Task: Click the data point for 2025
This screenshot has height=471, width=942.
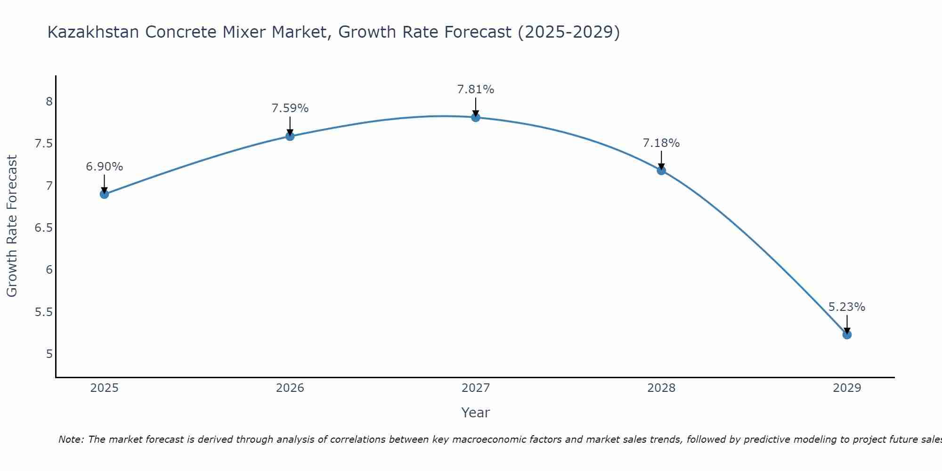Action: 105,194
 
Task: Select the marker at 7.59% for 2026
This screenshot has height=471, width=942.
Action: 290,136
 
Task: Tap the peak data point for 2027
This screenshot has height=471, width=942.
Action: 476,117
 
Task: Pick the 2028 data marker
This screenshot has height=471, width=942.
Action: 661,171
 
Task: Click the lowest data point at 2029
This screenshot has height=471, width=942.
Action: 847,334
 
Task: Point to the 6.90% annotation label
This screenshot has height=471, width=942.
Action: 105,167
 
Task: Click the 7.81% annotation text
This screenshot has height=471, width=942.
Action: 476,89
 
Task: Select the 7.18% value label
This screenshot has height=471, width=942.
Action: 661,143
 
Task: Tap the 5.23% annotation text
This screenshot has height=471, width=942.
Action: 847,307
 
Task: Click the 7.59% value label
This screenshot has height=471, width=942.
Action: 290,108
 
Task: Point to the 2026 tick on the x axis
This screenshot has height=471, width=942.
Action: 290,388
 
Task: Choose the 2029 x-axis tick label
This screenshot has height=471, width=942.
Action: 847,388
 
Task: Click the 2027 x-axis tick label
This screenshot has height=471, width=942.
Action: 476,388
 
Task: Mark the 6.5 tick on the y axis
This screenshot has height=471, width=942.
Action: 43,228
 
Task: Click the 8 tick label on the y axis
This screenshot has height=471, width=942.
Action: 49,102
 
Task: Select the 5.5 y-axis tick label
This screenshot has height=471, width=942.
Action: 43,312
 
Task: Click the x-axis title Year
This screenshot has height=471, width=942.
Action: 476,413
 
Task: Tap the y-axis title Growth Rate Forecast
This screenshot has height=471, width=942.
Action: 12,226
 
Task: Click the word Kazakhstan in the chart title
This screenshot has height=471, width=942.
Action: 93,32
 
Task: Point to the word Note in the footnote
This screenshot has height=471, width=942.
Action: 71,439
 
